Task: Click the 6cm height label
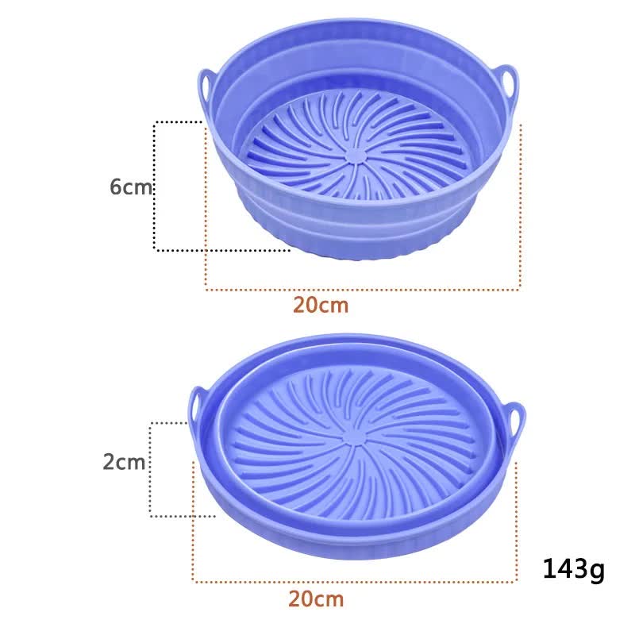(131, 187)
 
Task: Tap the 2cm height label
(125, 462)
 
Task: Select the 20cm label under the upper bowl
(321, 305)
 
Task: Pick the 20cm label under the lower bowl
(316, 598)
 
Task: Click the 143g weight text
(573, 569)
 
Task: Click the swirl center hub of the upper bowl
(356, 155)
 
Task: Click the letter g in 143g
(596, 571)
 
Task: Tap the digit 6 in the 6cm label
(116, 187)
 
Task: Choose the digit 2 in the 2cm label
(109, 462)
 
